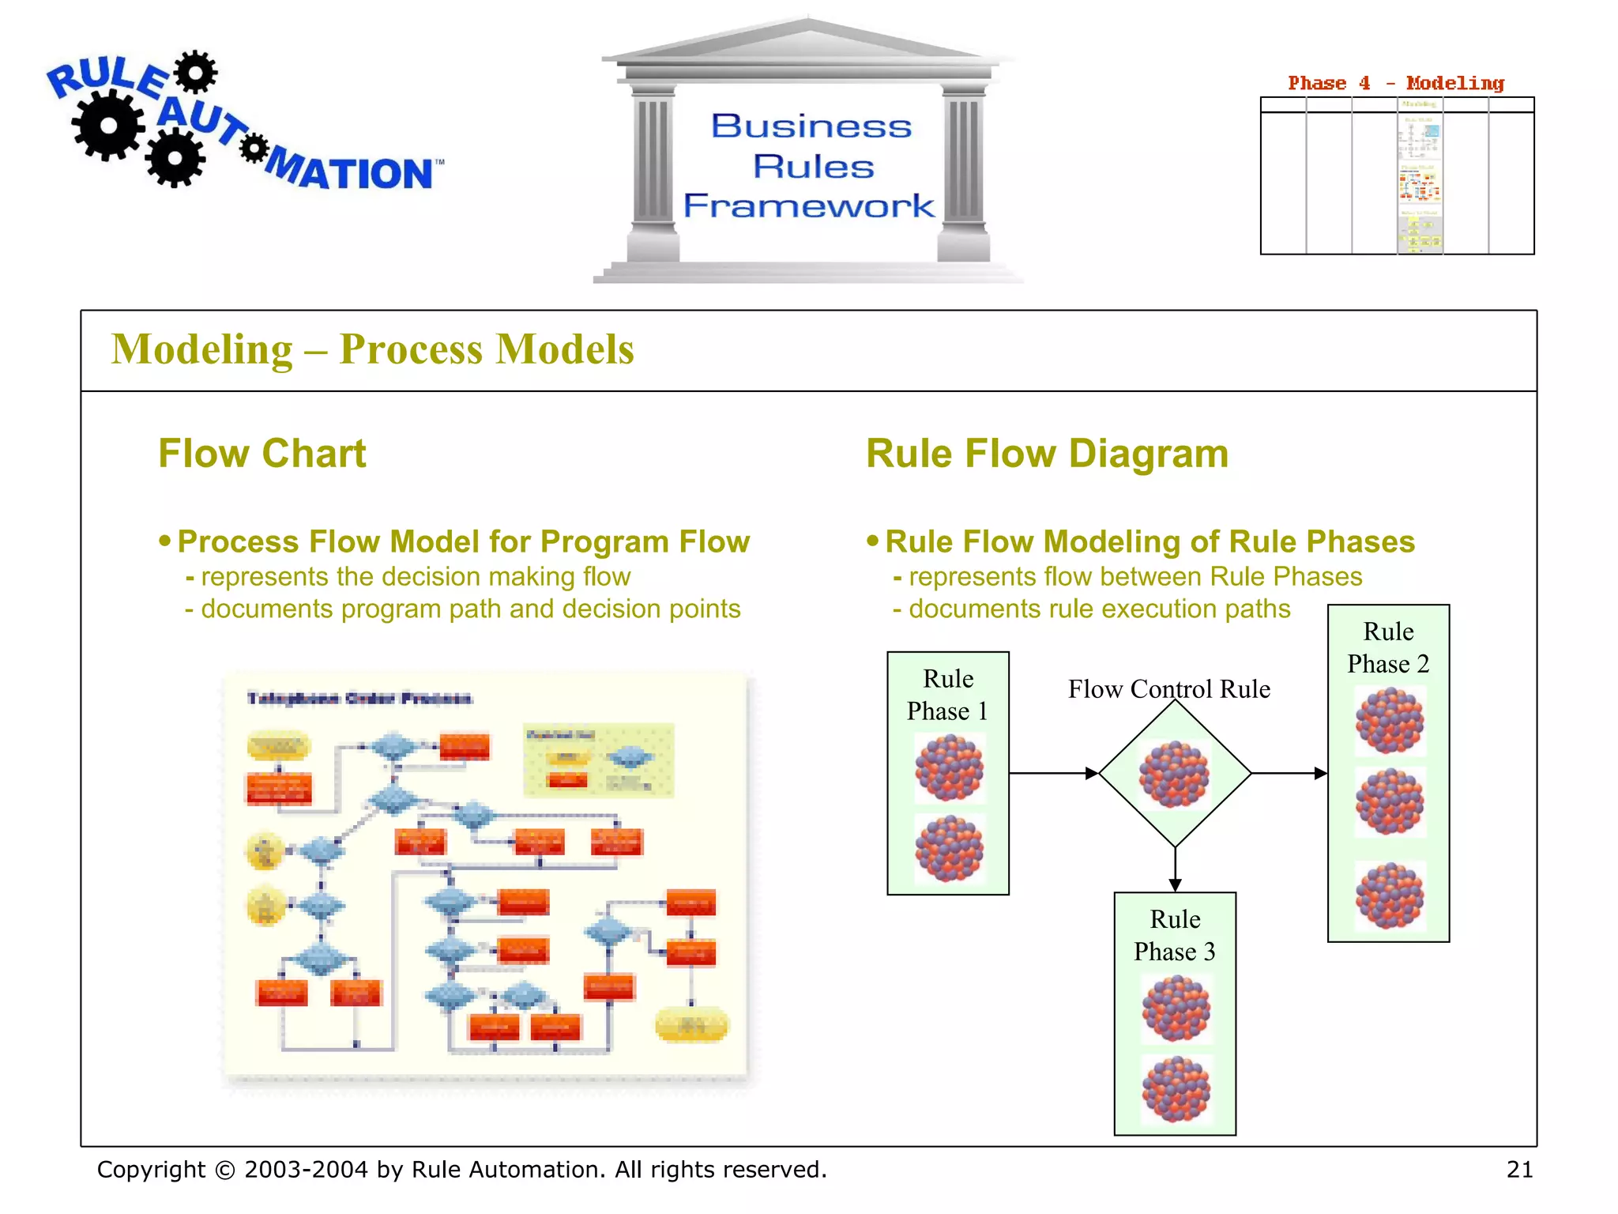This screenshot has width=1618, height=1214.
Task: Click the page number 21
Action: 1519,1169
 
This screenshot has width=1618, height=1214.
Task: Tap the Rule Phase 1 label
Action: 947,695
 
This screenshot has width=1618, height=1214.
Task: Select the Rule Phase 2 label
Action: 1388,647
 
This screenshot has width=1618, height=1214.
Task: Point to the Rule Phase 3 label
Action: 1175,935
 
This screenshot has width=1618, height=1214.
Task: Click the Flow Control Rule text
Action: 1168,689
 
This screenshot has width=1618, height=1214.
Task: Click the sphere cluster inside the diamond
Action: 1174,774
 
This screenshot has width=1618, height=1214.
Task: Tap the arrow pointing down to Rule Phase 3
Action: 1175,869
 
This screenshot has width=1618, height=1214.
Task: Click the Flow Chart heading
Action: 262,454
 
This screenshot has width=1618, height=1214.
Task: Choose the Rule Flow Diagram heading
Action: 1047,454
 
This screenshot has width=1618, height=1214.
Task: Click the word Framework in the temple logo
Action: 808,205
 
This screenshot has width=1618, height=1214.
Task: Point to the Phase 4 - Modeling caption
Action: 1395,83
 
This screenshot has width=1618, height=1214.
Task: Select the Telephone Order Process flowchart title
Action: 359,698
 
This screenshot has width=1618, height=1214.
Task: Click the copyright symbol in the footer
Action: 225,1170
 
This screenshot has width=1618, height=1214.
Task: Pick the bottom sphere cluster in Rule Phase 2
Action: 1389,895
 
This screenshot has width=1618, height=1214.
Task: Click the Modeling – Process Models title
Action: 372,349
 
